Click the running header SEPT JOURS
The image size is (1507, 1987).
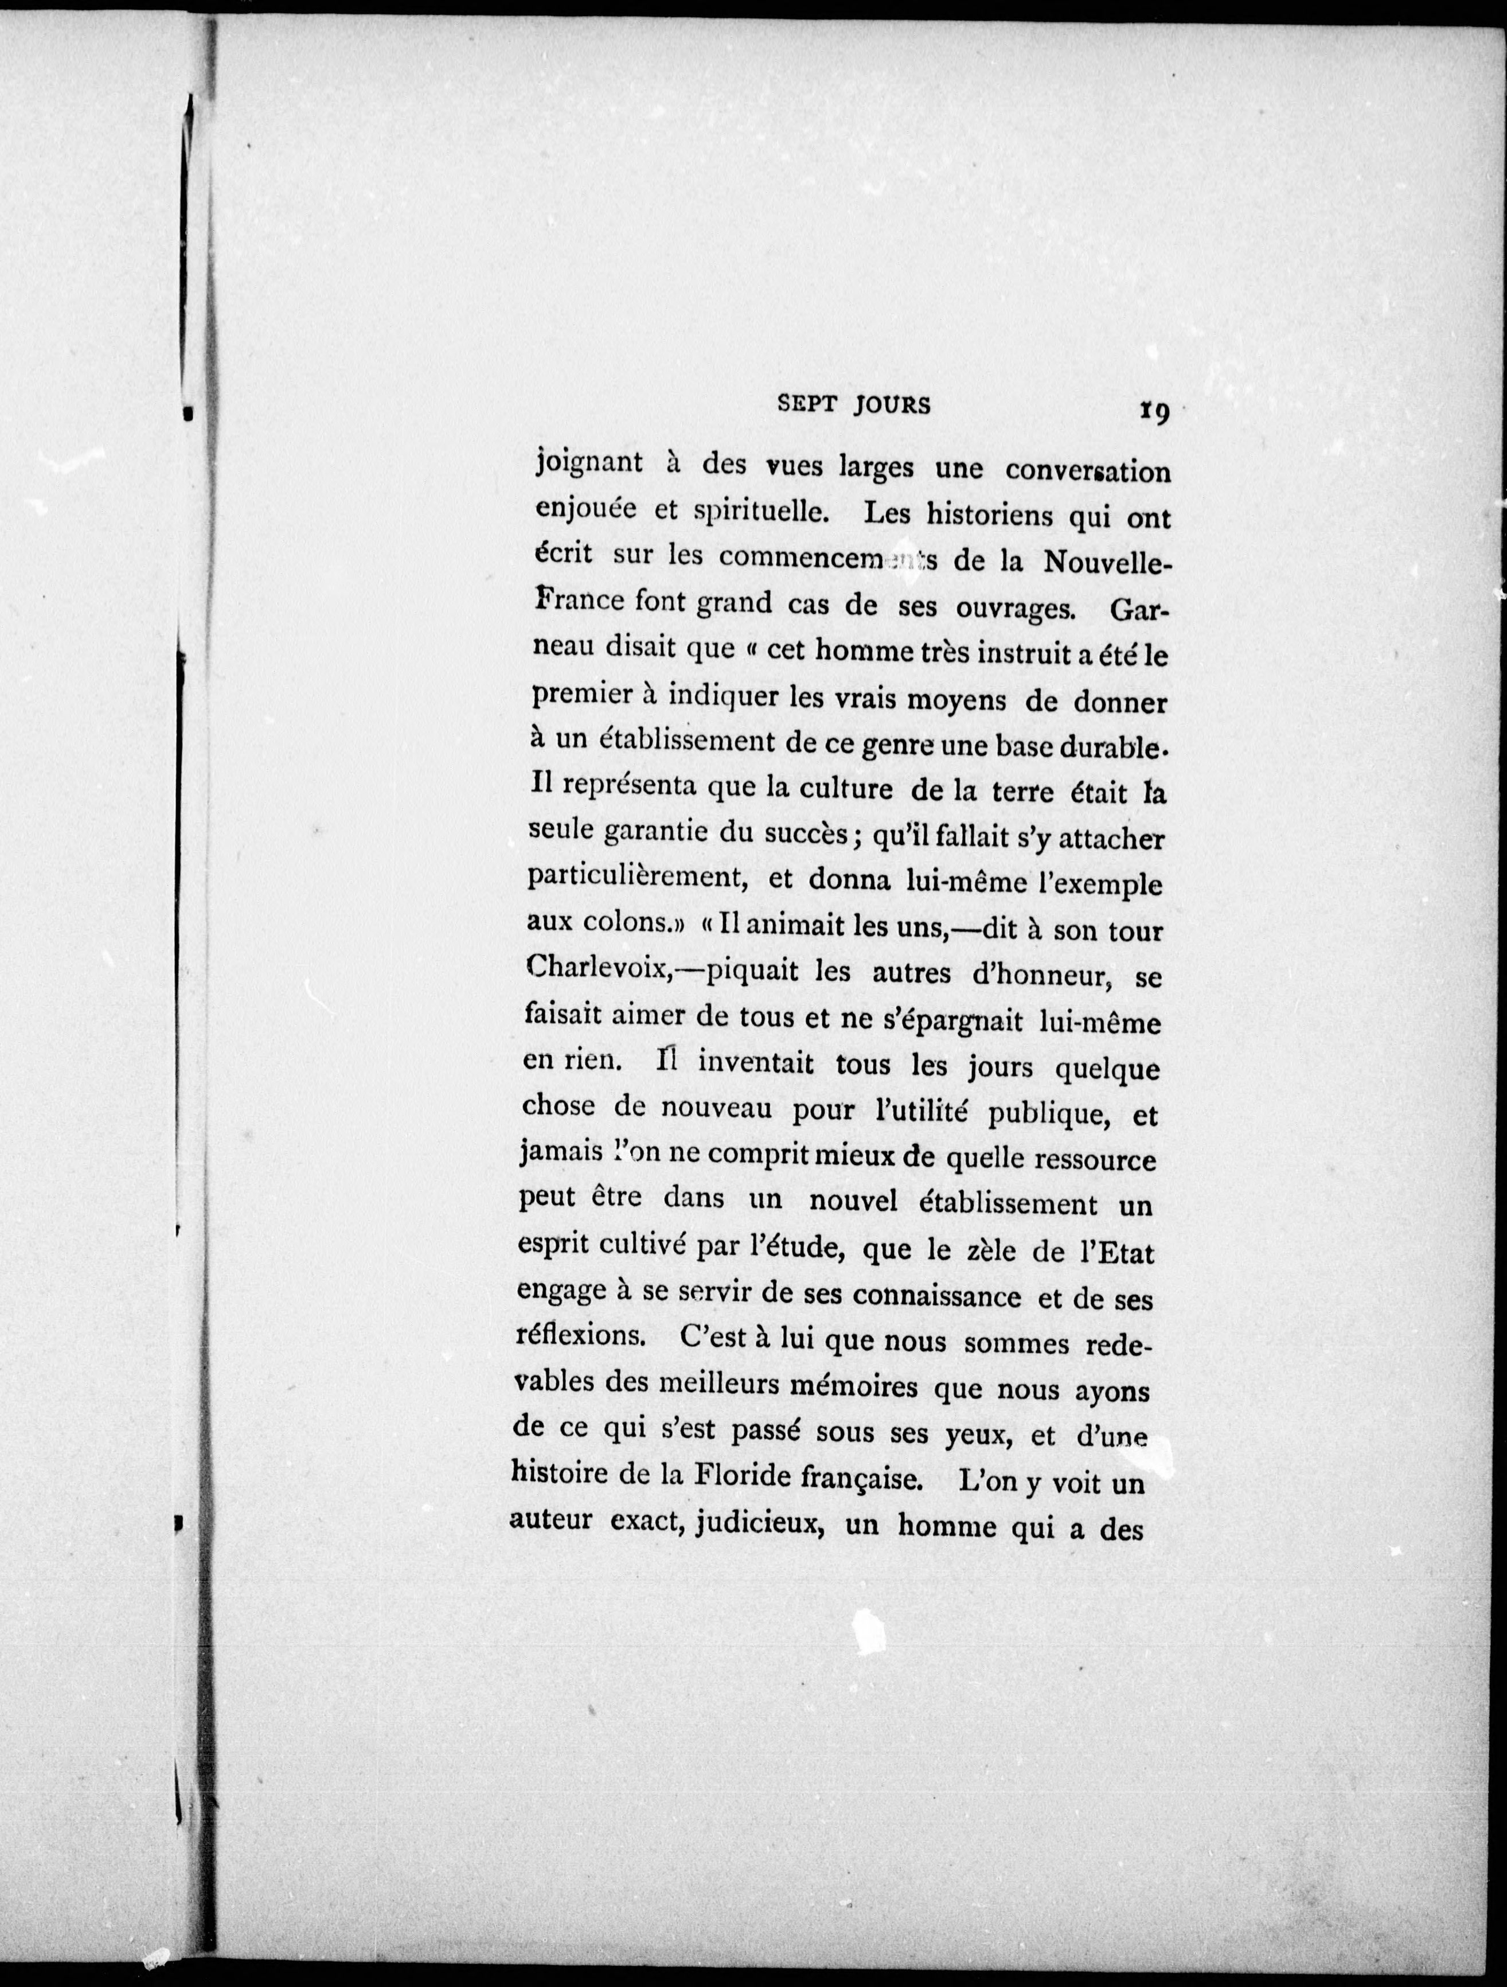[853, 405]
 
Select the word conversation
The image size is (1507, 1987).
[1088, 471]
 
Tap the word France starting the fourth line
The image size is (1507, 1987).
[579, 599]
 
